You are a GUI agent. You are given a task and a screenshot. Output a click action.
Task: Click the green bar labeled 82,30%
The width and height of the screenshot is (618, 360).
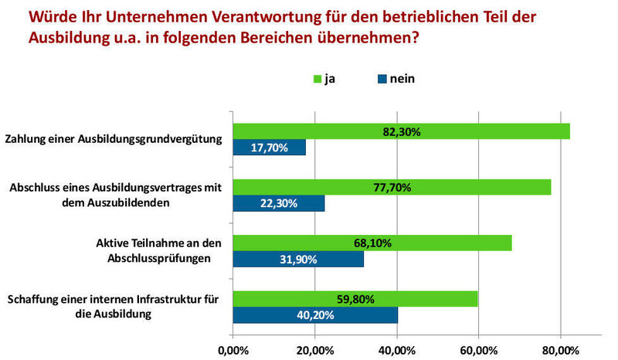coord(401,131)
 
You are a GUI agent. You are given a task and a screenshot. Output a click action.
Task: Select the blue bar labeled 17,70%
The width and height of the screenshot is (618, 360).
coord(270,147)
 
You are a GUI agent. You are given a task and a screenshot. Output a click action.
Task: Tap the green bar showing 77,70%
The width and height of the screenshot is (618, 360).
coord(392,187)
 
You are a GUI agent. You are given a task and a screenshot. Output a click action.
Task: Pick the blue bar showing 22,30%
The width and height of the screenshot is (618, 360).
coord(279,202)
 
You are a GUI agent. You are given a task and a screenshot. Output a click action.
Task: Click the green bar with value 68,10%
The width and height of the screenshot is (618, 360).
coord(372,243)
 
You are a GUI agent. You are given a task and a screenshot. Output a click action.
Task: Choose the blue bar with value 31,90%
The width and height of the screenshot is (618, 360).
coord(298,259)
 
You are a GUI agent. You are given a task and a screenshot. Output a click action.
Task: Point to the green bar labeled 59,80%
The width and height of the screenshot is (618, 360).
coord(355,298)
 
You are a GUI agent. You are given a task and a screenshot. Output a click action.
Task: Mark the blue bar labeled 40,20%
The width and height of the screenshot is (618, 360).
coord(315,314)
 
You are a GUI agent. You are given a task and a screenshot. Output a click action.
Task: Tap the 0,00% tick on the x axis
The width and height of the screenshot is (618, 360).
coord(233,351)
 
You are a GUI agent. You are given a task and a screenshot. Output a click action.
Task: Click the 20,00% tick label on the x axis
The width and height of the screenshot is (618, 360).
coord(314,351)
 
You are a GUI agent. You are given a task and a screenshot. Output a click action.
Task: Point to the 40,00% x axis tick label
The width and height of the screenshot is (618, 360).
coord(396,351)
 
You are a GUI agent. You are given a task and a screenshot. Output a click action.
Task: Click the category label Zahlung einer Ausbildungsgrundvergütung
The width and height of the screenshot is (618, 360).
coord(114,140)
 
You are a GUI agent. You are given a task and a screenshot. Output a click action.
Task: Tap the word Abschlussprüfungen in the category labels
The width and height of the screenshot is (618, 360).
coord(162,259)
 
